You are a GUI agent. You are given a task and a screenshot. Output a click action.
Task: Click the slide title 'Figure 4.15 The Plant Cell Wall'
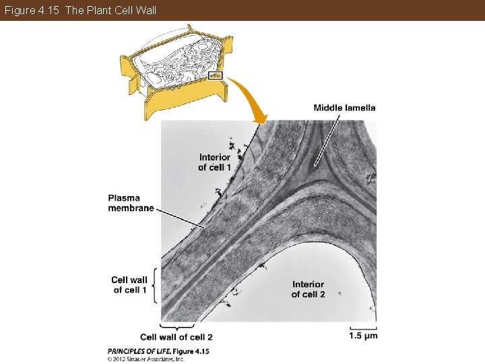79,10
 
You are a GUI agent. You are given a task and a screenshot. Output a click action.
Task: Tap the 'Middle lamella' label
344,108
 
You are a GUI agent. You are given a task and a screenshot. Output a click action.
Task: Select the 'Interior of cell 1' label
214,162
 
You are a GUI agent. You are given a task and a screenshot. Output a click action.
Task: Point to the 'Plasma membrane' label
131,203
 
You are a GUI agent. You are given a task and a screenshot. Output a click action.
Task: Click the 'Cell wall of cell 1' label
129,284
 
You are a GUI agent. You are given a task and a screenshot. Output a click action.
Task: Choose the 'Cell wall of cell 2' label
176,337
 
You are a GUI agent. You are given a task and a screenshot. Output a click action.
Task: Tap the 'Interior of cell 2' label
308,289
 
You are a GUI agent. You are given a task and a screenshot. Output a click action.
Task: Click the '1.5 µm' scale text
363,336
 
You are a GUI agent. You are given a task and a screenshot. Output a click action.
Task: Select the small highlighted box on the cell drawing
216,75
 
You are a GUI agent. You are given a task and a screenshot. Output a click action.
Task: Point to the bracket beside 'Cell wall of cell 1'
156,284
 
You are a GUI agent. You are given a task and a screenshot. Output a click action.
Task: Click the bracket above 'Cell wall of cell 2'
176,328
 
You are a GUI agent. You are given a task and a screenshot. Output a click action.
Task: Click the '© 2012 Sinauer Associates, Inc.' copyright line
146,359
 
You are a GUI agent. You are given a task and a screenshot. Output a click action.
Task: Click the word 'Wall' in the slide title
145,10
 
